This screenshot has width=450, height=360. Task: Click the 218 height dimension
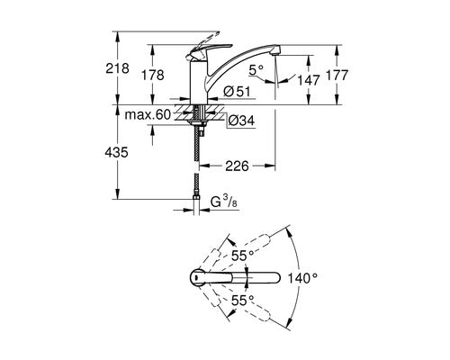(x=117, y=68)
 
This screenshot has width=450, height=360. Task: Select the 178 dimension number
(x=153, y=75)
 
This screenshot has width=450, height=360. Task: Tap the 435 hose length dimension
(x=116, y=153)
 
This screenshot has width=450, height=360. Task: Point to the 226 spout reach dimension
(x=237, y=166)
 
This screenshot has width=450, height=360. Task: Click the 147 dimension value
(x=309, y=80)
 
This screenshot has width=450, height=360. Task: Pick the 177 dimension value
(x=337, y=75)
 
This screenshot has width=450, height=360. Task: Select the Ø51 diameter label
(x=237, y=92)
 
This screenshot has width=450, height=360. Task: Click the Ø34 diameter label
(x=241, y=121)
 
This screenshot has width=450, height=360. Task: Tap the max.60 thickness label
(x=148, y=114)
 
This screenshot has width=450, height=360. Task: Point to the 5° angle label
(x=256, y=70)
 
